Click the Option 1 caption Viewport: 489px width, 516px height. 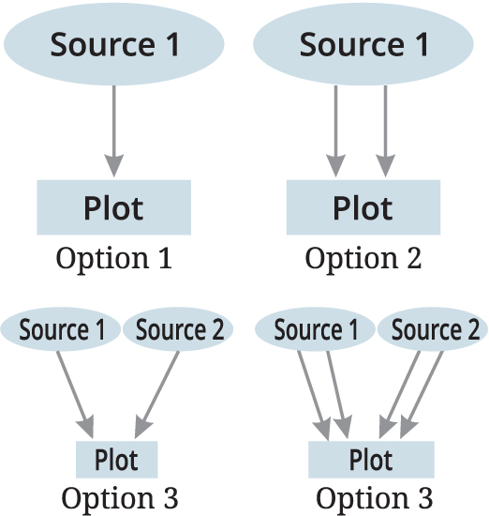[113, 259]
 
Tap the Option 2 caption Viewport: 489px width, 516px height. [363, 259]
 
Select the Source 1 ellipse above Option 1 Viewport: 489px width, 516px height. [114, 44]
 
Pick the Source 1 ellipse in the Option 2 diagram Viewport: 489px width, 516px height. [363, 44]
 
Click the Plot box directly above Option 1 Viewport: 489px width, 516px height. [113, 207]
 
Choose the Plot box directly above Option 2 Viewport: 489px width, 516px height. [363, 207]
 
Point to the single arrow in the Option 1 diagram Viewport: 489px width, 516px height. [114, 131]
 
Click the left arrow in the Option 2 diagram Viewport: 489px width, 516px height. [335, 131]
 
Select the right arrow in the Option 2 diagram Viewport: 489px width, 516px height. [385, 131]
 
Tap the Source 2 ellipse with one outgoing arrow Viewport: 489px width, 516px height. [178, 329]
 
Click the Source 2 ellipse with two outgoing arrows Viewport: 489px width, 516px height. [433, 329]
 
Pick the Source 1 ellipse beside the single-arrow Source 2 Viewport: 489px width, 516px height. [61, 329]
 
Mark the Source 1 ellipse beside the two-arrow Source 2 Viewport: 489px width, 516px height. [315, 329]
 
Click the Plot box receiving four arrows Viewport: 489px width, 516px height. [371, 460]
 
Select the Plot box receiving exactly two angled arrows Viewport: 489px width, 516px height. [117, 460]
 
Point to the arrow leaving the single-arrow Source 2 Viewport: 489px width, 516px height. [156, 395]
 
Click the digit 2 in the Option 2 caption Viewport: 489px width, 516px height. [414, 258]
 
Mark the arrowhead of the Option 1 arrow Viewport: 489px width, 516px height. [114, 165]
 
